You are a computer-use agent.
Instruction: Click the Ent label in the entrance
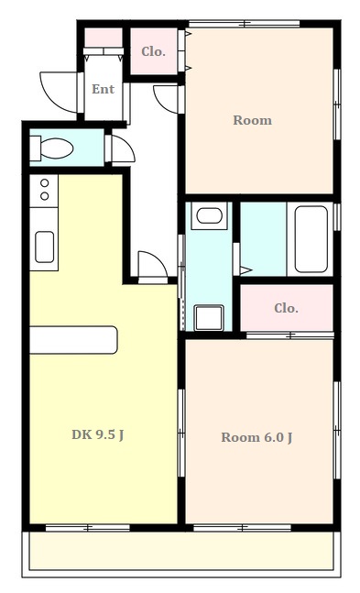click(x=103, y=89)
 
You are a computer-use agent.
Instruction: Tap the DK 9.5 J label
click(x=98, y=435)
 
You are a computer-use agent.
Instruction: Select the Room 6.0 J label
click(x=256, y=437)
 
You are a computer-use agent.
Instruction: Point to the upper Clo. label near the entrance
click(x=154, y=51)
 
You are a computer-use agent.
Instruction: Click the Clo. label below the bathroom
click(x=287, y=308)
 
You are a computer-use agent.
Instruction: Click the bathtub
click(x=311, y=239)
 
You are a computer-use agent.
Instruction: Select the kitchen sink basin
click(x=44, y=247)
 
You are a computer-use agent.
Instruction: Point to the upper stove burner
click(x=44, y=183)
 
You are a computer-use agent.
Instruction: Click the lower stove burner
click(x=44, y=196)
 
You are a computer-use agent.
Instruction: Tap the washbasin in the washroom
click(x=209, y=215)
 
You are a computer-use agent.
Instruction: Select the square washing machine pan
click(x=209, y=318)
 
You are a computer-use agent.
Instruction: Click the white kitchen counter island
click(x=73, y=340)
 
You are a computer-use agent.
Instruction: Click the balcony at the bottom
click(x=181, y=551)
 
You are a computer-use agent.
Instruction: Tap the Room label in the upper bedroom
click(x=252, y=120)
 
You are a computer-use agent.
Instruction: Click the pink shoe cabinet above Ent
click(x=104, y=37)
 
